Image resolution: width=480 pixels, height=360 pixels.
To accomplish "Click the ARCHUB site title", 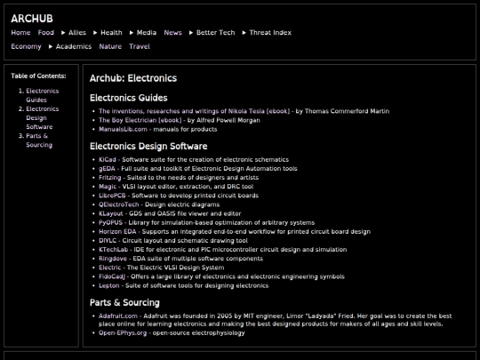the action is point(31,18).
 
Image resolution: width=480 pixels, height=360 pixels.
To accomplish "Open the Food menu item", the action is point(45,33).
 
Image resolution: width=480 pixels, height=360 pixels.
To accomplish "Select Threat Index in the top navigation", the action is point(269,33).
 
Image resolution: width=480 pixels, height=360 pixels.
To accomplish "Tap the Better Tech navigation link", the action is point(215,33).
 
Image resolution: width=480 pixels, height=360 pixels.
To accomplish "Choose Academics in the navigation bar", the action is point(74,46).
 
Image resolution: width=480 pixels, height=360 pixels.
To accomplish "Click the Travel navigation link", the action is point(139,46).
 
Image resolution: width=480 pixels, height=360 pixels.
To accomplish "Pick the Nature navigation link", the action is point(110,46).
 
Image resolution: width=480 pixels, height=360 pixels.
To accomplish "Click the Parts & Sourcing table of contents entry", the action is point(39,140).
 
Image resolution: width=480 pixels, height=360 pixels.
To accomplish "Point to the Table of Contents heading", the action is point(38,76).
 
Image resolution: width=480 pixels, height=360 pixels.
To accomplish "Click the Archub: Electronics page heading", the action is point(132,78).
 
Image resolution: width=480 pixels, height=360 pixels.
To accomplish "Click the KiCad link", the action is point(107,159).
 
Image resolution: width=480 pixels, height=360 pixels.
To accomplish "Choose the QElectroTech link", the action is point(119,204).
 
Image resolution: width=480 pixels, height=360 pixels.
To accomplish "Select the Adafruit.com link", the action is point(118,316).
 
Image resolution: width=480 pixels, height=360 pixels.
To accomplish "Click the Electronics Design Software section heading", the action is point(148,146).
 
